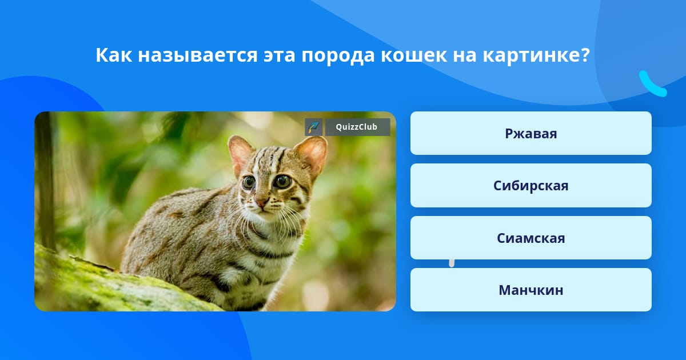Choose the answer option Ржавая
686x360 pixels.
pyautogui.click(x=531, y=133)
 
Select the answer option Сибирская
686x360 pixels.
pyautogui.click(x=531, y=186)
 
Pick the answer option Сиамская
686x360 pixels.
pyautogui.click(x=531, y=238)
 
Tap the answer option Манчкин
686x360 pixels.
pyautogui.click(x=531, y=290)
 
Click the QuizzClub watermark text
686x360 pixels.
pyautogui.click(x=357, y=127)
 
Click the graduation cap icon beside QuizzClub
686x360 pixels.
pyautogui.click(x=313, y=127)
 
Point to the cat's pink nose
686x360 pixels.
pyautogui.click(x=261, y=203)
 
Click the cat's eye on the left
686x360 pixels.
pyautogui.click(x=249, y=182)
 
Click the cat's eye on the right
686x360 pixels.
pyautogui.click(x=282, y=182)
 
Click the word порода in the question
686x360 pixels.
pyautogui.click(x=338, y=56)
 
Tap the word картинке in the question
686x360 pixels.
pyautogui.click(x=532, y=56)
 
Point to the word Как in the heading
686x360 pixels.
pyautogui.click(x=114, y=55)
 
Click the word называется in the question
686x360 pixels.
pyautogui.click(x=198, y=56)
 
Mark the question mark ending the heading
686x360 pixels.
pyautogui.click(x=585, y=54)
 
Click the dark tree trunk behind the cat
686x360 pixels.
pyautogui.click(x=46, y=181)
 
